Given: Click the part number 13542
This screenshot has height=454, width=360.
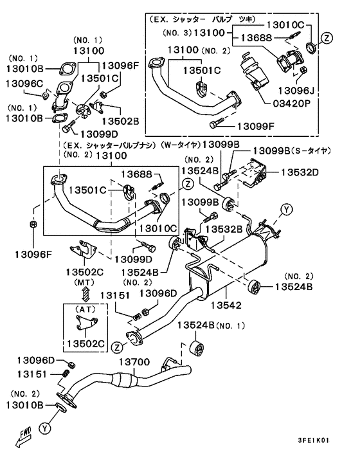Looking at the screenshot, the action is point(226,305).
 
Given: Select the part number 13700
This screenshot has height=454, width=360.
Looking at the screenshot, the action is point(134,361).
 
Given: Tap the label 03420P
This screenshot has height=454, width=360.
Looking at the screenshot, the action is point(291,103).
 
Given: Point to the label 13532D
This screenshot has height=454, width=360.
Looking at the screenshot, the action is point(300,172).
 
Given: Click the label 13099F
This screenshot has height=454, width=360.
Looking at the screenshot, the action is point(256,126).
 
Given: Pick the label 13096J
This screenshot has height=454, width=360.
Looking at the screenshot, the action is point(296,91).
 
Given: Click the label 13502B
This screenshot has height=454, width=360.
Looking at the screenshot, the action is point(121,121).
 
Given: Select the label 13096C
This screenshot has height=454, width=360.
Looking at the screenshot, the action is point(24,84).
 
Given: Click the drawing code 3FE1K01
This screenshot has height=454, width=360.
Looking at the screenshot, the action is point(314,440).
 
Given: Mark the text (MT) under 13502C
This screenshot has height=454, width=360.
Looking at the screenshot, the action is point(84,282).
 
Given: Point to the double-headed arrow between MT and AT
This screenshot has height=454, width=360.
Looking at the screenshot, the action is point(85,294).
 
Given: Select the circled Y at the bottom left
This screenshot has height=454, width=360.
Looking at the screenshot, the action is point(44,428).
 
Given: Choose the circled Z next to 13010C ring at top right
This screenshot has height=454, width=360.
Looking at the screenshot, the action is point(327,38).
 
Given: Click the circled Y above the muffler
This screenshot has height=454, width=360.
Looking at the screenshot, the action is point(287,210).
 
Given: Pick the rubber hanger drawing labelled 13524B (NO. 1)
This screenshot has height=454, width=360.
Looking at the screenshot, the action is point(197,349).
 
